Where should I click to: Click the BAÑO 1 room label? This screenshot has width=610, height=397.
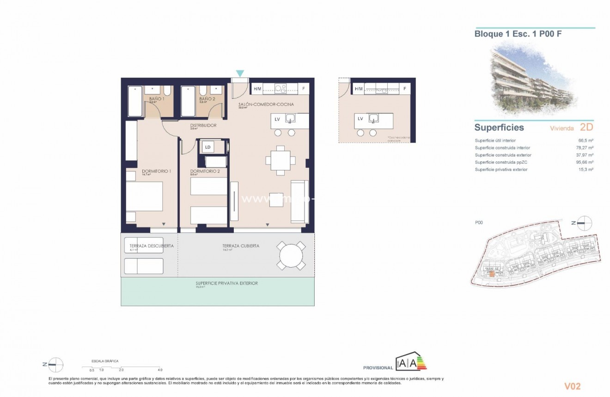(155, 99)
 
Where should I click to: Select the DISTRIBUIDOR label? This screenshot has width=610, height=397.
(203, 125)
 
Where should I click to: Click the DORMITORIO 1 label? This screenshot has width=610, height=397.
(157, 171)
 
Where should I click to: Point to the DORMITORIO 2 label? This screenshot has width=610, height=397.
(205, 171)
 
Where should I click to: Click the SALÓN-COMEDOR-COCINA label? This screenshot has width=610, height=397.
(266, 104)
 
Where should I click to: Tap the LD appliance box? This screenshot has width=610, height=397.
(208, 147)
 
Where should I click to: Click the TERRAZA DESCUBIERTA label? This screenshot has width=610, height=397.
(148, 246)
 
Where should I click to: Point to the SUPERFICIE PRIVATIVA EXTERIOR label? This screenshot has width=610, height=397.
(226, 283)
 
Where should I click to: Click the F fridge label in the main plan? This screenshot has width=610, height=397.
(304, 88)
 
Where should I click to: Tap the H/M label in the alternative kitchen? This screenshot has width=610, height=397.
(359, 88)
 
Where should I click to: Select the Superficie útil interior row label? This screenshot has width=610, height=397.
(495, 140)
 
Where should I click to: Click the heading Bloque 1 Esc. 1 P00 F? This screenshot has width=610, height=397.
(518, 34)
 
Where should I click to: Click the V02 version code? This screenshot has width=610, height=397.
(572, 386)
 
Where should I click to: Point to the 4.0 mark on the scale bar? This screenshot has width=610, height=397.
(160, 370)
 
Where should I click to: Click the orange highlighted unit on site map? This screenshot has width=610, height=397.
(492, 274)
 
